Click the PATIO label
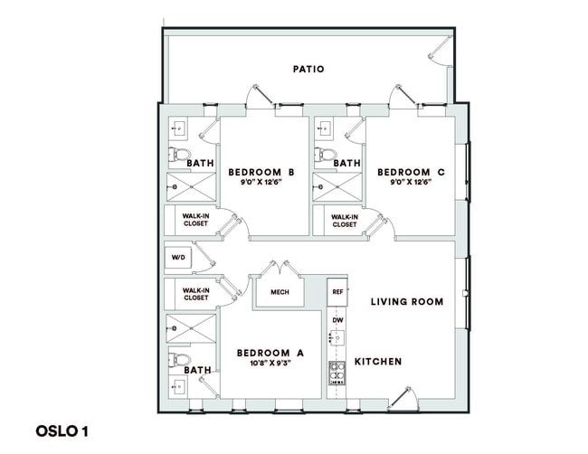pos(308,69)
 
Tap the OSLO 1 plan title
pos(62,430)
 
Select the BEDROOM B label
pos(261,172)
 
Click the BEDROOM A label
pos(270,353)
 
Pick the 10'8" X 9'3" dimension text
pos(270,364)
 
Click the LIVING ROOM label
pos(407,302)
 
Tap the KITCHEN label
pos(377,362)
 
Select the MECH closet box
pos(280,292)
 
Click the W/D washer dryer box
pos(177,258)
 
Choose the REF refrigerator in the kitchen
pos(337,292)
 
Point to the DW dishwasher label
pos(337,320)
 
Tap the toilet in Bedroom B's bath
pos(176,154)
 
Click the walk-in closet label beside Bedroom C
pos(344,221)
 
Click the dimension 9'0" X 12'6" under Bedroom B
pos(261,183)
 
